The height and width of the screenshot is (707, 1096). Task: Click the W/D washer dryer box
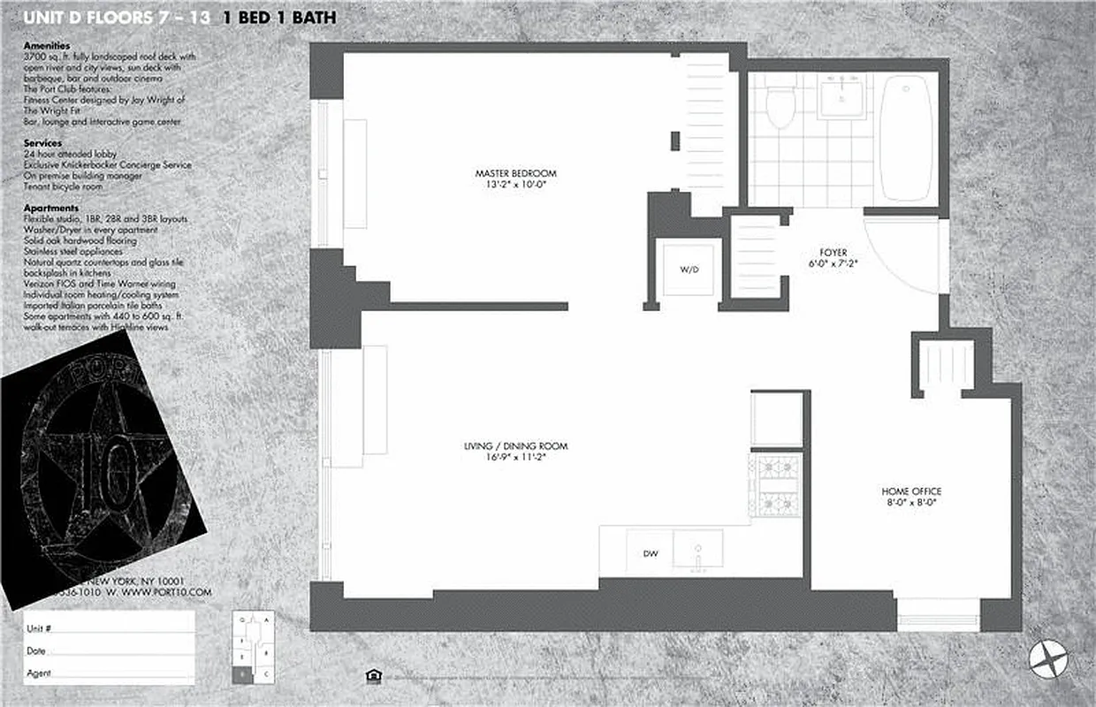click(x=689, y=270)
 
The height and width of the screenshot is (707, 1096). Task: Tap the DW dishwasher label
click(x=650, y=554)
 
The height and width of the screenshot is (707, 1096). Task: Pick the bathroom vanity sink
click(x=844, y=96)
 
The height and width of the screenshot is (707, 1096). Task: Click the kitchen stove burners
click(x=776, y=485)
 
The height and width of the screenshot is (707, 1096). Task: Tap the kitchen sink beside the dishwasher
click(x=697, y=549)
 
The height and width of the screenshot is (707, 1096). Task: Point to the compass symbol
click(x=1049, y=659)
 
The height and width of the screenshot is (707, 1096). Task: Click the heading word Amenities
click(x=47, y=45)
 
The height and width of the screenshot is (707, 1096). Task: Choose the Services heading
click(x=42, y=142)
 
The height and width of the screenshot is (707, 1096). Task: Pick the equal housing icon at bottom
click(x=374, y=676)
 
